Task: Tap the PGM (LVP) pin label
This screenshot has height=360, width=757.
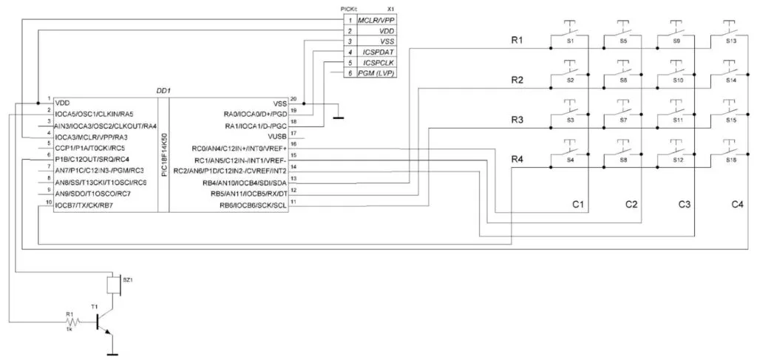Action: pos(376,75)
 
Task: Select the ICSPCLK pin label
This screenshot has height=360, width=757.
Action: pos(378,64)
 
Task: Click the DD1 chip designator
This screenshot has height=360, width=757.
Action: pos(163,90)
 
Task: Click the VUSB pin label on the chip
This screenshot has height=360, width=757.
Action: pos(275,135)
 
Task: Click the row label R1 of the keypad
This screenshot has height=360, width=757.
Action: pos(517,40)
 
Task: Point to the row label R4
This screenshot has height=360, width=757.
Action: pos(517,160)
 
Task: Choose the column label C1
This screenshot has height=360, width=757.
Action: pos(578,203)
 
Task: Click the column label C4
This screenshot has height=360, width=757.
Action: pos(738,203)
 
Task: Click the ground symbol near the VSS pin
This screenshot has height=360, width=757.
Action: pos(337,115)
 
